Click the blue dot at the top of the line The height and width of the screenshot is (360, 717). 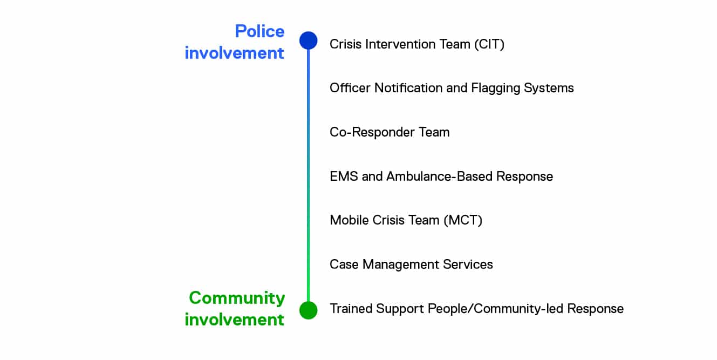(x=308, y=40)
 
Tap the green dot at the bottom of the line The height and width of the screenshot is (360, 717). (x=308, y=310)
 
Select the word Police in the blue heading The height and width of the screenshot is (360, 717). (x=260, y=31)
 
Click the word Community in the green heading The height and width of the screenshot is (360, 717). (x=237, y=298)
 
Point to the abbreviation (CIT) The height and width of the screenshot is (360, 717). (x=489, y=44)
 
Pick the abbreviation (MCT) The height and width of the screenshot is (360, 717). (x=463, y=220)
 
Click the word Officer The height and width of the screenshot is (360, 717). (x=350, y=88)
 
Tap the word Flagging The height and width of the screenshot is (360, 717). (x=495, y=89)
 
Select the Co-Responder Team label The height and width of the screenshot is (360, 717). (x=390, y=132)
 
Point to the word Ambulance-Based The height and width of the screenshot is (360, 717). (x=439, y=176)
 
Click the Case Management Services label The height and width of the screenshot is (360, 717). (x=411, y=264)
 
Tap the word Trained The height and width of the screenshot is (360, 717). (x=351, y=309)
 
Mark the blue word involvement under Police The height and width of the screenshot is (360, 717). (x=234, y=53)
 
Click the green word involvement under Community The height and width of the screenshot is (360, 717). (x=234, y=320)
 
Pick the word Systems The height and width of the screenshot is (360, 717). (x=549, y=89)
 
